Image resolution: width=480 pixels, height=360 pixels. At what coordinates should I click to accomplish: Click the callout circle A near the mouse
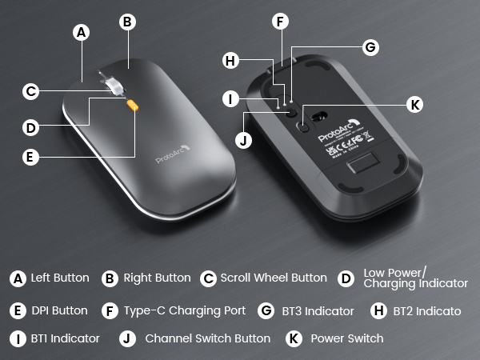80,32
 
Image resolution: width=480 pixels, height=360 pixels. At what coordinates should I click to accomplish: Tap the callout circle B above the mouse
126,22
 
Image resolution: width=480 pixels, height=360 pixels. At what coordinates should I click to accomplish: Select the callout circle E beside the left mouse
30,157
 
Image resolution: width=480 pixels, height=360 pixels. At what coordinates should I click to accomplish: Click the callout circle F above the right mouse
279,22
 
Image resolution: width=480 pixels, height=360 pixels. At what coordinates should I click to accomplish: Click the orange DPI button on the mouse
133,104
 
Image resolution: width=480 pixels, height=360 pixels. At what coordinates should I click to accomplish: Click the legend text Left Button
60,278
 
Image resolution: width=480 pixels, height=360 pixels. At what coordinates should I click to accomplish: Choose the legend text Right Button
157,278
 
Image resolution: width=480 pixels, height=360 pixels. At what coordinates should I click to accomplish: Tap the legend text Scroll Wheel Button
274,278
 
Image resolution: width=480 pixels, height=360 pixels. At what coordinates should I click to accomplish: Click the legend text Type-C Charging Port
185,310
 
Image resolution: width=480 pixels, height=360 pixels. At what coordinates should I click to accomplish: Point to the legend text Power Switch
346,338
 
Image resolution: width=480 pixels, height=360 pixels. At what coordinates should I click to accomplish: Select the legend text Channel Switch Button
207,338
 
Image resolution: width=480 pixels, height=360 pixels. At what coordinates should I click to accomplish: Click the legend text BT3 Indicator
317,310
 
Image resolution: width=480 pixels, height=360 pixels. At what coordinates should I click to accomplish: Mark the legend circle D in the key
346,278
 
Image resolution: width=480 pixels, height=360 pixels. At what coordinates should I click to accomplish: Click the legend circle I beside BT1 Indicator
18,338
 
